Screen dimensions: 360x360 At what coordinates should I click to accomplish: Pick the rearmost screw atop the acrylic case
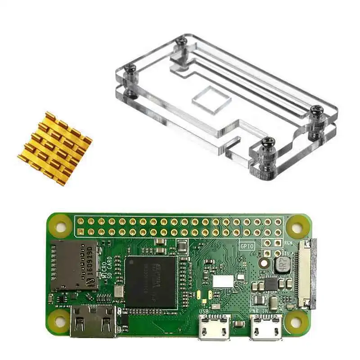tap(182, 41)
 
